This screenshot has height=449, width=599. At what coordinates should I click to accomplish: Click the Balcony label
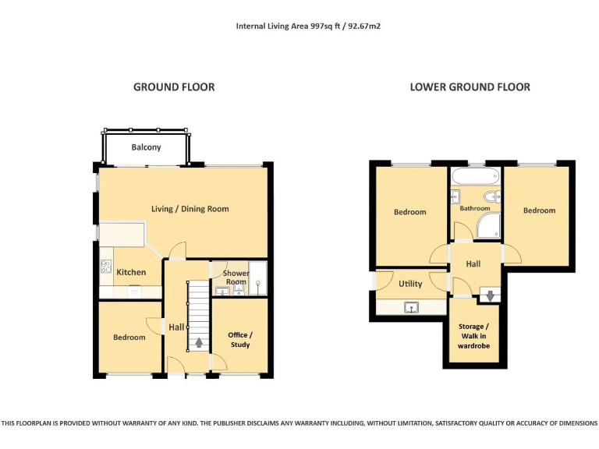(146, 147)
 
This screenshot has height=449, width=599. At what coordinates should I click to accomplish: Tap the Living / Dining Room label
(190, 208)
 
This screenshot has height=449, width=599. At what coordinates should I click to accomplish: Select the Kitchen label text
(131, 272)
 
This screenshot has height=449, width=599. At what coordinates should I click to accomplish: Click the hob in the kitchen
(106, 267)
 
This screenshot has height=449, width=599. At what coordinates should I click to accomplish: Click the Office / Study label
(240, 339)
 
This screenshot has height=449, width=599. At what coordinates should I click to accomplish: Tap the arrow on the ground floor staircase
(198, 341)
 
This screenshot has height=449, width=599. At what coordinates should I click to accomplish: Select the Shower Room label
(236, 278)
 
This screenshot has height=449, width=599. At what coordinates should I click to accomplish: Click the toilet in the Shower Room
(239, 291)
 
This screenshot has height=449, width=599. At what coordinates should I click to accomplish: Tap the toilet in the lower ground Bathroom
(491, 196)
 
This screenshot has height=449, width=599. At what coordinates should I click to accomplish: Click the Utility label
(410, 284)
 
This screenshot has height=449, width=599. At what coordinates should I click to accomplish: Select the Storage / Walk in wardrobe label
(473, 336)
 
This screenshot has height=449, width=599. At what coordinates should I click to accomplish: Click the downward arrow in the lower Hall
(489, 295)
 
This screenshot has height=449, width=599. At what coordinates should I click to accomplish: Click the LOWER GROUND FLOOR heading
(470, 87)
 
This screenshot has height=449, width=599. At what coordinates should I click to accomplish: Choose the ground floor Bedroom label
(129, 338)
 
